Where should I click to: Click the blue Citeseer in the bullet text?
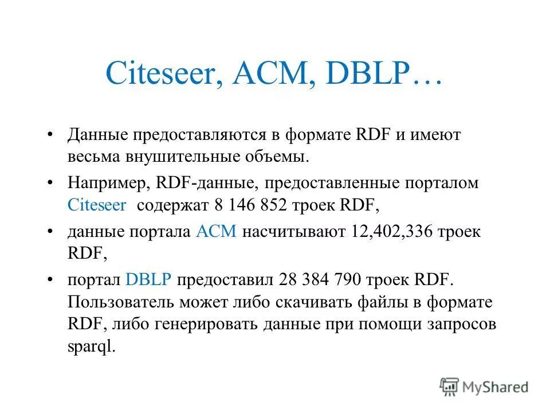pyautogui.click(x=96, y=205)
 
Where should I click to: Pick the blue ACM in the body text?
pyautogui.click(x=216, y=232)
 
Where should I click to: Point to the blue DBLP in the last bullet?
pyautogui.click(x=148, y=280)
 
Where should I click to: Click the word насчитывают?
pyautogui.click(x=293, y=232)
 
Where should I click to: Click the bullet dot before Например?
pyautogui.click(x=52, y=184)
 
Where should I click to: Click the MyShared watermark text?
pyautogui.click(x=496, y=387)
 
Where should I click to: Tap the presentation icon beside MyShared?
pyautogui.click(x=450, y=387)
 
